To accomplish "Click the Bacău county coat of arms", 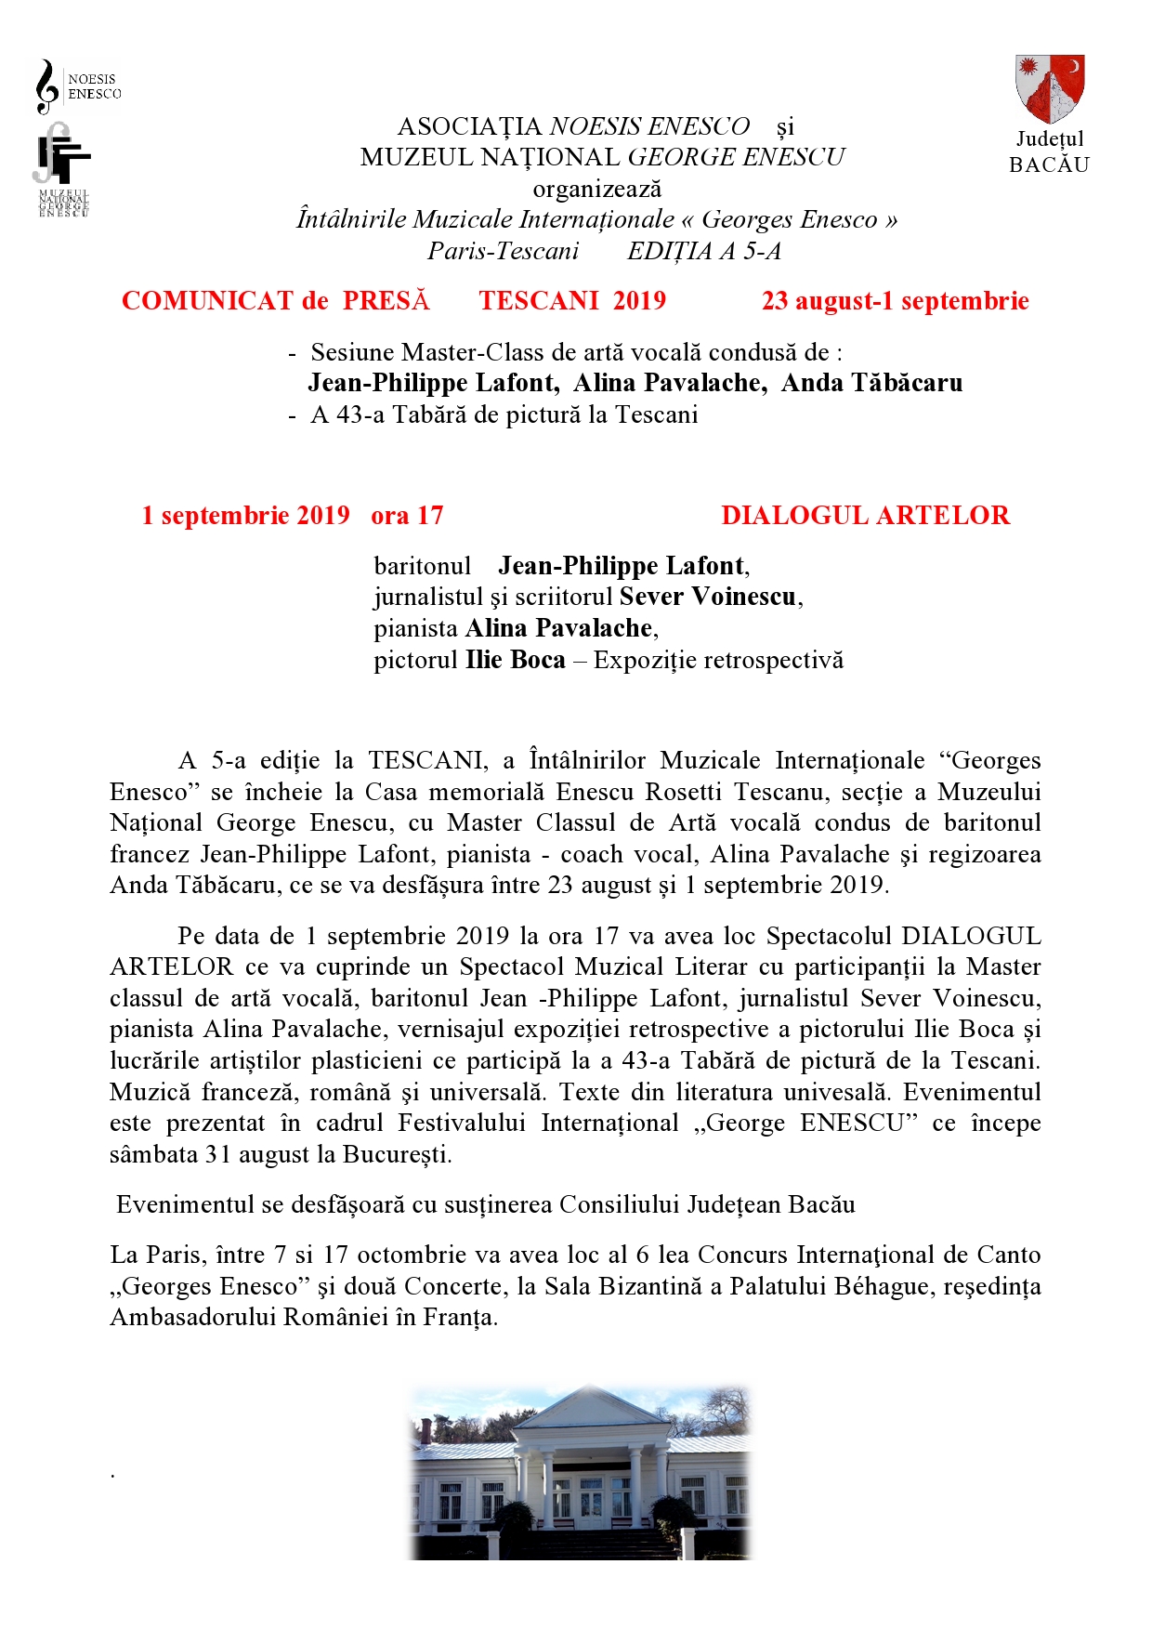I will (1050, 88).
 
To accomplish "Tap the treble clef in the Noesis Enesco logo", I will (46, 86).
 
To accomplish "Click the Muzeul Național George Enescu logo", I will (61, 170).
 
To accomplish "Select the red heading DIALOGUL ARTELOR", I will (865, 516).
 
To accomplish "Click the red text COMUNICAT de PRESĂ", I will (276, 301).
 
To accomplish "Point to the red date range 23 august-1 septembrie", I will (895, 301).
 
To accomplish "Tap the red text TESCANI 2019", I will (572, 301).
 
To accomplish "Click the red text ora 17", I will (407, 516).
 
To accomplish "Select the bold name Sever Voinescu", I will (707, 597).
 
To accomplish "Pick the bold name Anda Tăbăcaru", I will (871, 383).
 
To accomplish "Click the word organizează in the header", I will (596, 189).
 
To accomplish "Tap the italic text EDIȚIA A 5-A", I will (704, 251).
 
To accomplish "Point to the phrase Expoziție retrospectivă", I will (718, 660).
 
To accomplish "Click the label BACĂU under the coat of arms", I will (1049, 164).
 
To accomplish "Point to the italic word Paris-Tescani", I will (503, 251).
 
